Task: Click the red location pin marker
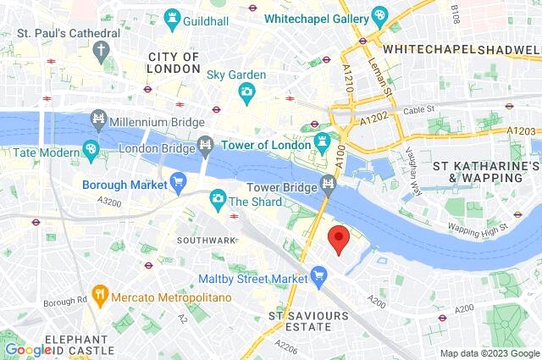click(x=338, y=239)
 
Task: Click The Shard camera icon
click(x=218, y=198)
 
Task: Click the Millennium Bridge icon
click(x=98, y=119)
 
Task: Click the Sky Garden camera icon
click(x=246, y=92)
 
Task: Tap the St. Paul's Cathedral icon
click(x=102, y=50)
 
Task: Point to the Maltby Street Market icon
click(x=318, y=273)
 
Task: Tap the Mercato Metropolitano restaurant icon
click(x=101, y=294)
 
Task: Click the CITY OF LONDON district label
click(x=174, y=63)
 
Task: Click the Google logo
click(x=28, y=350)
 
